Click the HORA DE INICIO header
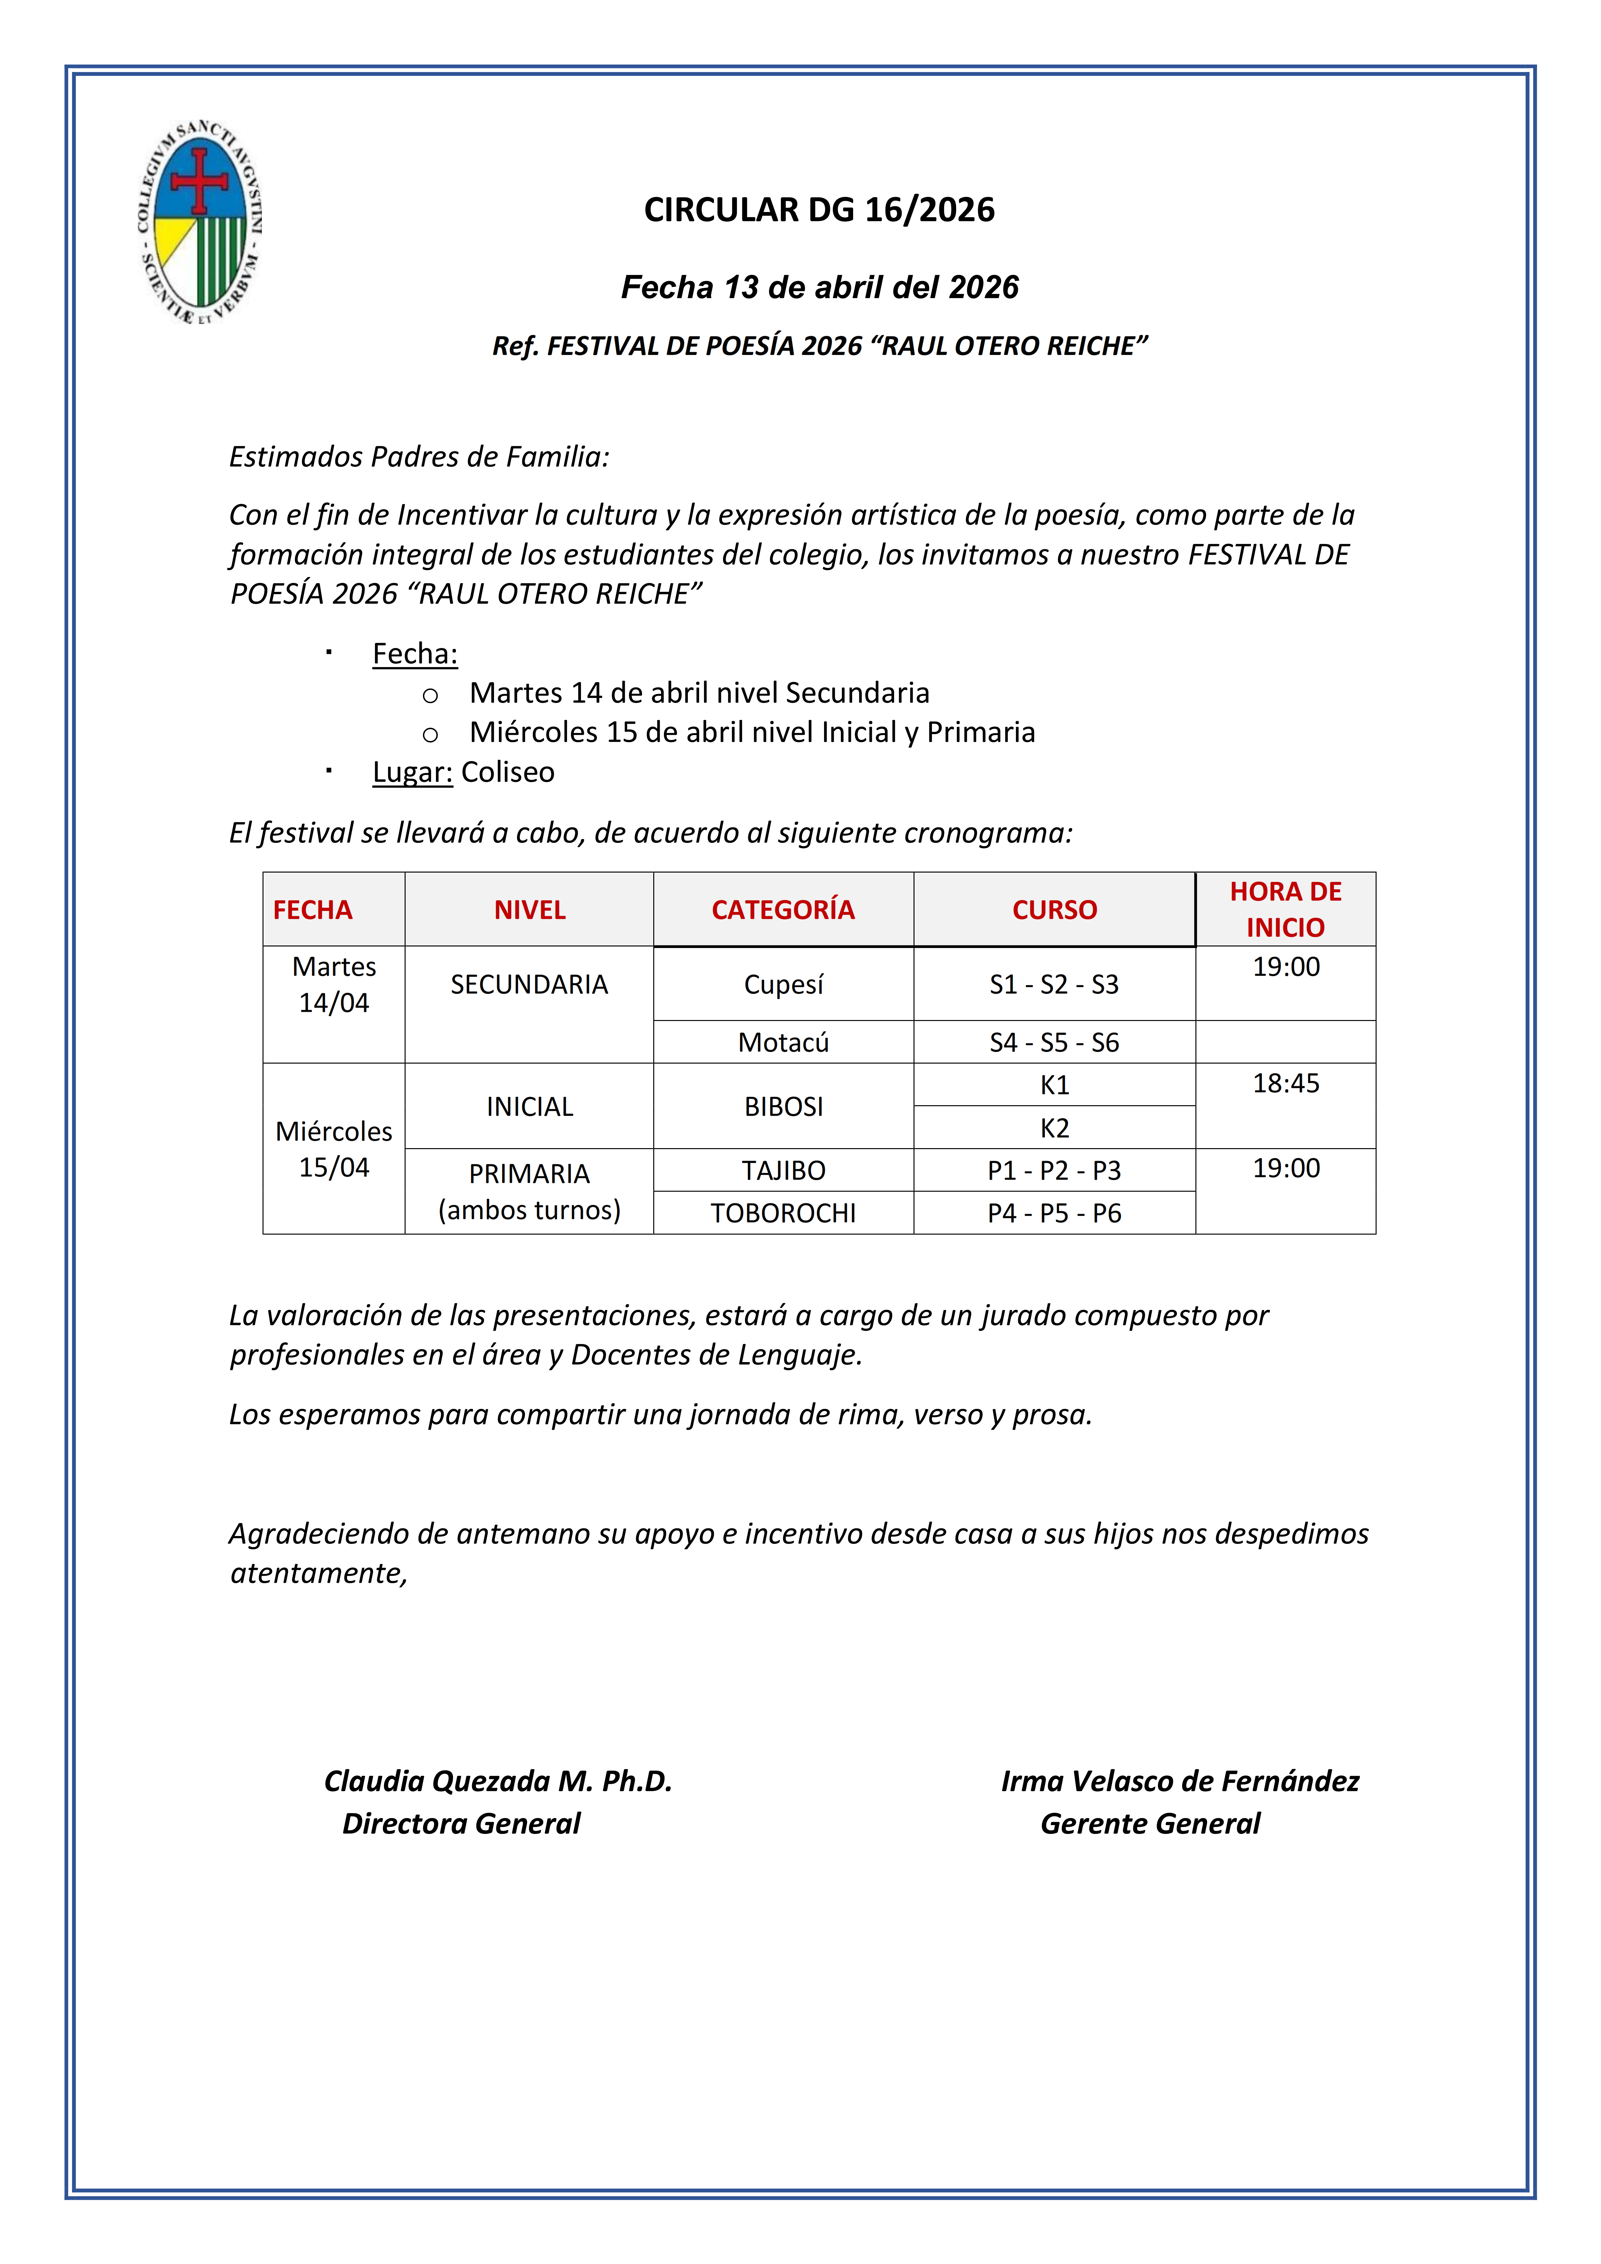coord(1285,909)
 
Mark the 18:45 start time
coord(1285,1084)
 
